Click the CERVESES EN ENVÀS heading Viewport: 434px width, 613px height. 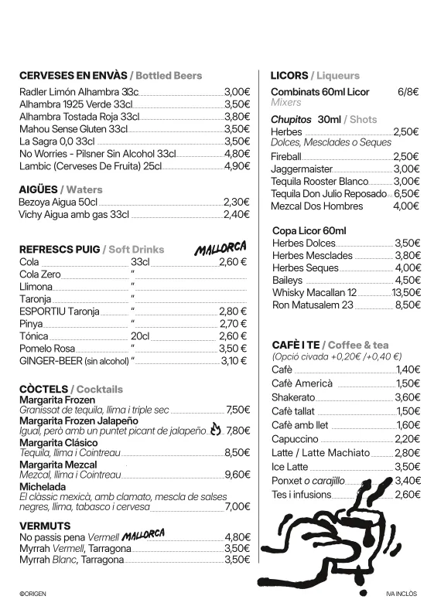point(73,76)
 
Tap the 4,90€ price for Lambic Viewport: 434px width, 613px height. point(237,166)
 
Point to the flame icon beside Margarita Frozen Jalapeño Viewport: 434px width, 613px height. point(215,428)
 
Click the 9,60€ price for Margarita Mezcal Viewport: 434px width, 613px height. point(237,475)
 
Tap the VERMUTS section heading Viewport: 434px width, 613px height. point(46,526)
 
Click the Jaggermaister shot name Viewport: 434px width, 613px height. point(302,169)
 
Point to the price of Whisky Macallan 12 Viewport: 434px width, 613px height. point(406,293)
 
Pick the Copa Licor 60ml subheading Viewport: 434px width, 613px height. point(309,231)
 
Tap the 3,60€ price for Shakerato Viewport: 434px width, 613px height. point(408,397)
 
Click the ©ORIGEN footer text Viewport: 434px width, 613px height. point(34,594)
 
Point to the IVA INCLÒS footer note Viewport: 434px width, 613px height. point(401,594)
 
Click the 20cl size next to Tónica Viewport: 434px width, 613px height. point(140,336)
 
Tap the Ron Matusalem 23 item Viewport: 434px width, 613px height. point(313,305)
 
